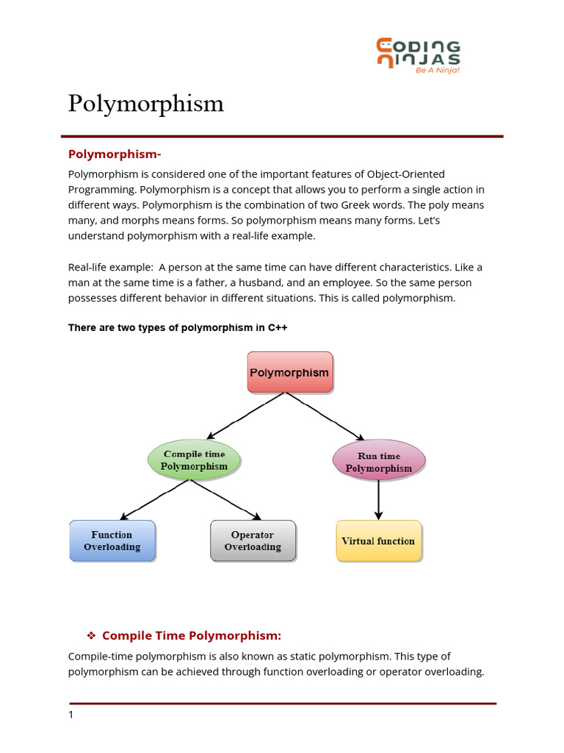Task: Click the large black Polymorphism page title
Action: click(145, 104)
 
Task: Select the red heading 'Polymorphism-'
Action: click(114, 154)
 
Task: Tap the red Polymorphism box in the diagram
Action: click(289, 372)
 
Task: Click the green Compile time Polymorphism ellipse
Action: click(194, 460)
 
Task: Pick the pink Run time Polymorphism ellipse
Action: click(378, 462)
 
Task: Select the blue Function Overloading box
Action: click(112, 541)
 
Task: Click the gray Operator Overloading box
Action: click(253, 541)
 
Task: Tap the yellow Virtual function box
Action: click(379, 541)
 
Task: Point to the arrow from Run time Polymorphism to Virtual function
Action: click(378, 500)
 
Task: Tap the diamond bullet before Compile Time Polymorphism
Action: click(92, 635)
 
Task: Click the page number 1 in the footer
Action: click(71, 715)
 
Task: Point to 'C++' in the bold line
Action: click(277, 327)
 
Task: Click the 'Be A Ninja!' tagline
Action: click(438, 71)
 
